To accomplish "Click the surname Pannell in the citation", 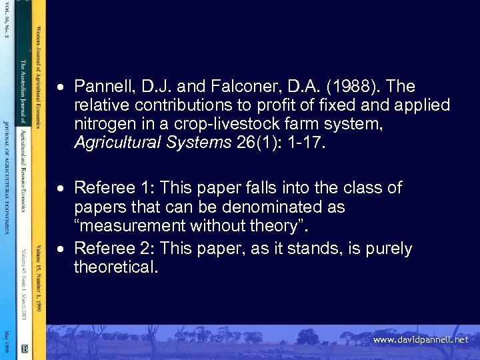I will pyautogui.click(x=101, y=87).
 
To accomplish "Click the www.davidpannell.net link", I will pyautogui.click(x=420, y=340).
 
